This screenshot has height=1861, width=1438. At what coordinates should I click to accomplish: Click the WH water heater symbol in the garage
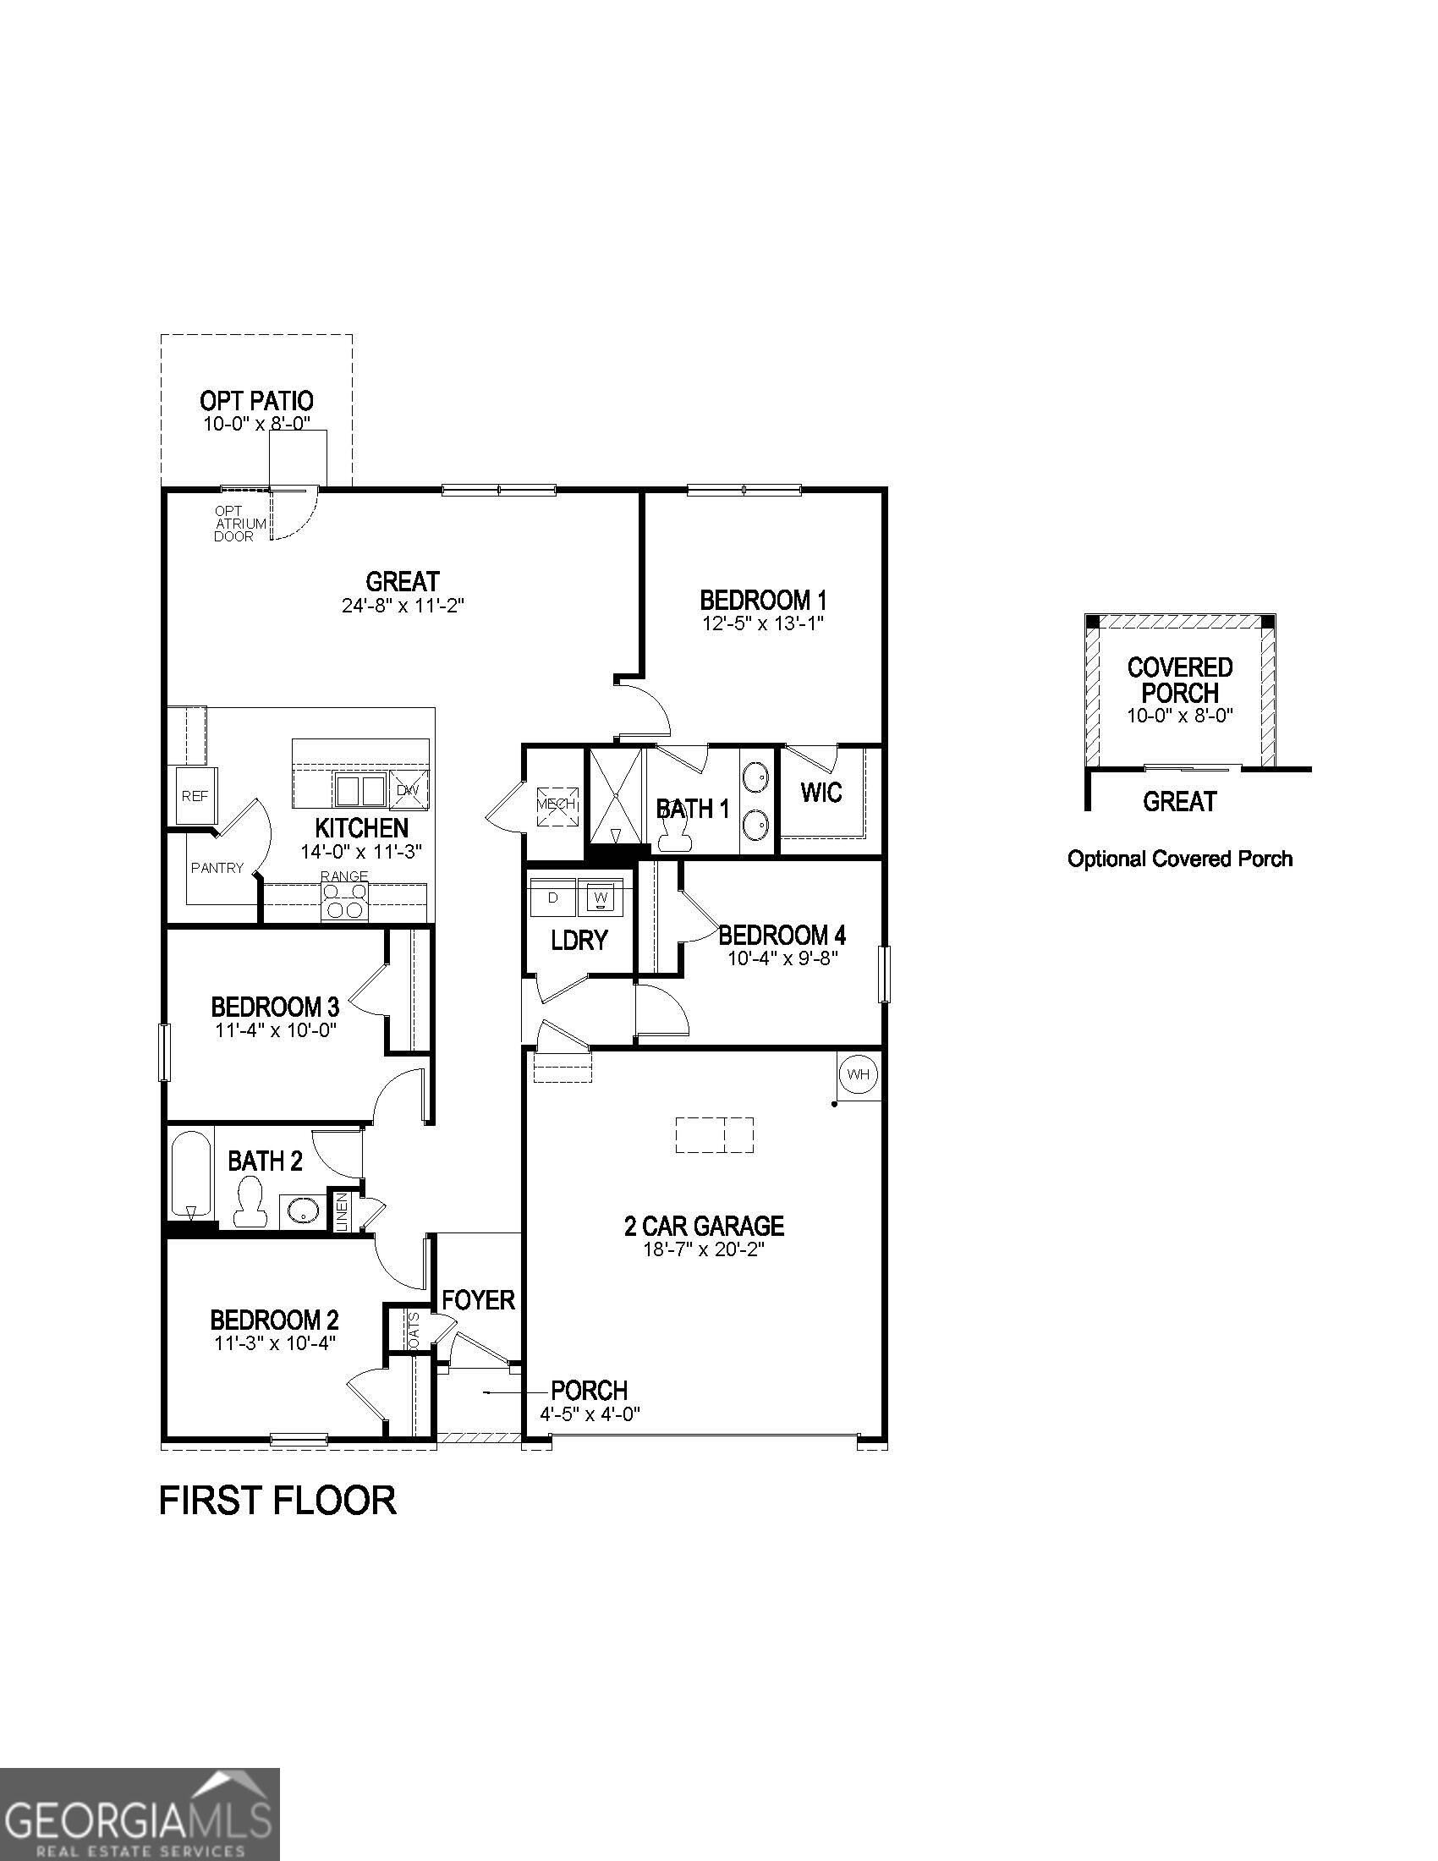point(858,1074)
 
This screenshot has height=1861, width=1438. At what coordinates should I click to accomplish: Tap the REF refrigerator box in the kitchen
point(195,796)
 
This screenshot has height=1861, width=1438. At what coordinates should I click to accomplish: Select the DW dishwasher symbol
point(409,791)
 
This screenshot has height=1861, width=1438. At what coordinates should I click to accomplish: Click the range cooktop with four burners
point(345,902)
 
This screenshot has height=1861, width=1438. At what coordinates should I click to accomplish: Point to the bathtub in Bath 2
point(190,1174)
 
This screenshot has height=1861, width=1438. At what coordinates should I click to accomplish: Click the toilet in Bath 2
point(250,1202)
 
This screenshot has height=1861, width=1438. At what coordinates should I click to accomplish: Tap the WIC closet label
point(821,793)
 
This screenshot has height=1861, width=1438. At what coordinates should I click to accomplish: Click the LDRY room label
point(579,940)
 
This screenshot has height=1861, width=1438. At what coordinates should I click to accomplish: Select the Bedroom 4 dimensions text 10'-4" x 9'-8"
point(782,958)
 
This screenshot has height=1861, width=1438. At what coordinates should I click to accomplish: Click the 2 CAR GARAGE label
point(704,1227)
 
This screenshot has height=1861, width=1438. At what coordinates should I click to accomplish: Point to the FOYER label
point(479,1300)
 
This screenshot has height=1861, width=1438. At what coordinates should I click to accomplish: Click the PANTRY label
point(217,868)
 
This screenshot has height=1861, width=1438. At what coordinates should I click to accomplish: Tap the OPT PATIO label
point(256,400)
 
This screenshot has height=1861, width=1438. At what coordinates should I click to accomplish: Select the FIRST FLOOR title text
point(277,1501)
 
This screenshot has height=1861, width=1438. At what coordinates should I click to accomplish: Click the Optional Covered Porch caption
point(1180,859)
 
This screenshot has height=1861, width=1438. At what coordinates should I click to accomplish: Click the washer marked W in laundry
point(601,898)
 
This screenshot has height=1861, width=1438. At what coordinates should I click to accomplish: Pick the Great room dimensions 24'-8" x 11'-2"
point(402,606)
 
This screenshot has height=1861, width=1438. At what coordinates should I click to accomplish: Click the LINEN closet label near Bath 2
point(342,1210)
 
